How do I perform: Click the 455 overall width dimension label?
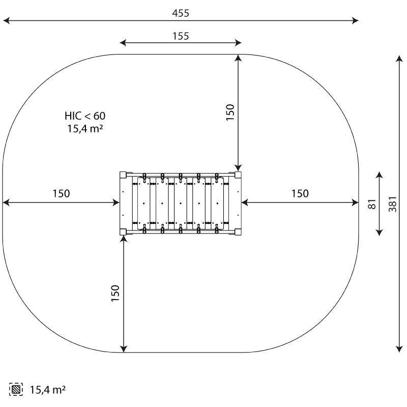tap(181, 13)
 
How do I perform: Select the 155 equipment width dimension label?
tap(181, 36)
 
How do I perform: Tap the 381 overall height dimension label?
tap(393, 204)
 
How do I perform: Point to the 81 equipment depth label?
tap(372, 204)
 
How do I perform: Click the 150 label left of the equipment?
tap(61, 194)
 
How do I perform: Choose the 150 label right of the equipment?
tap(300, 194)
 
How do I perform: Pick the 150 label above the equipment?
tap(230, 112)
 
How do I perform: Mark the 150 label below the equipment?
tap(115, 293)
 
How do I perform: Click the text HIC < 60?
tap(85, 116)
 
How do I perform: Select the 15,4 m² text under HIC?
tap(85, 129)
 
